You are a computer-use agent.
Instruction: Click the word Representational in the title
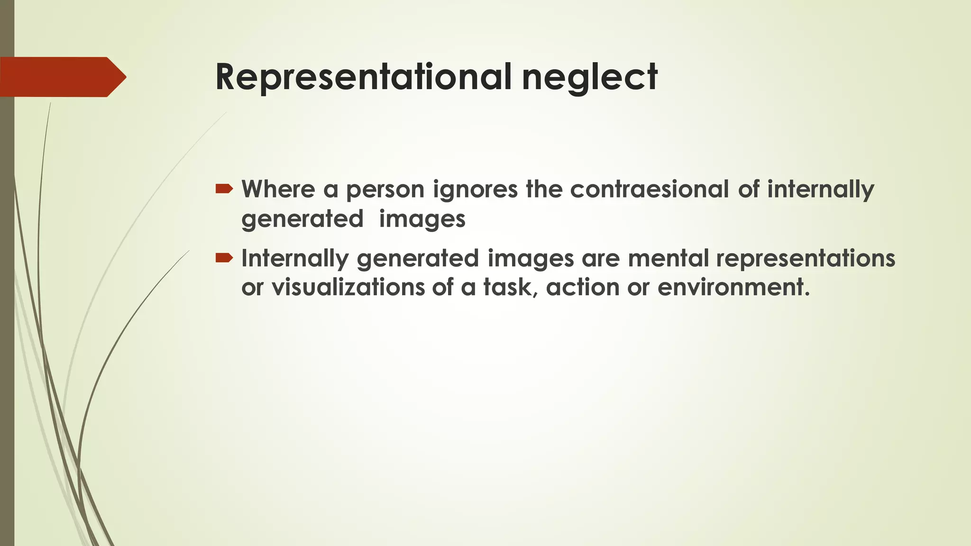click(x=363, y=77)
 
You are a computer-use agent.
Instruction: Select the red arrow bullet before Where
click(x=224, y=189)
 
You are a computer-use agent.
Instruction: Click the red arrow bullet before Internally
click(x=224, y=258)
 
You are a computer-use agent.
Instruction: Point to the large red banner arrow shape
click(x=62, y=77)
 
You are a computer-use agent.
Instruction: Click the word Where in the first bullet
click(x=278, y=189)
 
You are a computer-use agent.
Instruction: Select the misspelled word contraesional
click(x=649, y=189)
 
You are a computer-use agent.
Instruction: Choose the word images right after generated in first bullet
click(x=422, y=219)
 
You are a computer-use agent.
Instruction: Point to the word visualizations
click(x=348, y=287)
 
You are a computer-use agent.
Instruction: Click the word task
click(x=510, y=287)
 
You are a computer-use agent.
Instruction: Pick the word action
click(x=583, y=287)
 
